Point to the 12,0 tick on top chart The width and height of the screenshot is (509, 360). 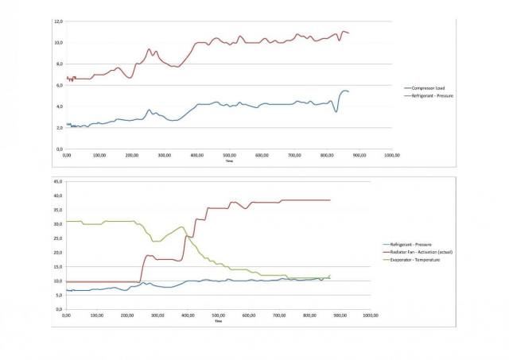pos(58,21)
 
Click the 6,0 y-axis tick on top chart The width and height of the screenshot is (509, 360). pos(59,85)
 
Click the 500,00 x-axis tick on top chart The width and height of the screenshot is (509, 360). pos(230,155)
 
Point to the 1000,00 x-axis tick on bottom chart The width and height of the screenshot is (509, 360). pos(369,315)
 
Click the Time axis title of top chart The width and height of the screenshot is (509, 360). pos(229,161)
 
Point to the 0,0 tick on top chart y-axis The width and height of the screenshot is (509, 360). pos(59,149)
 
